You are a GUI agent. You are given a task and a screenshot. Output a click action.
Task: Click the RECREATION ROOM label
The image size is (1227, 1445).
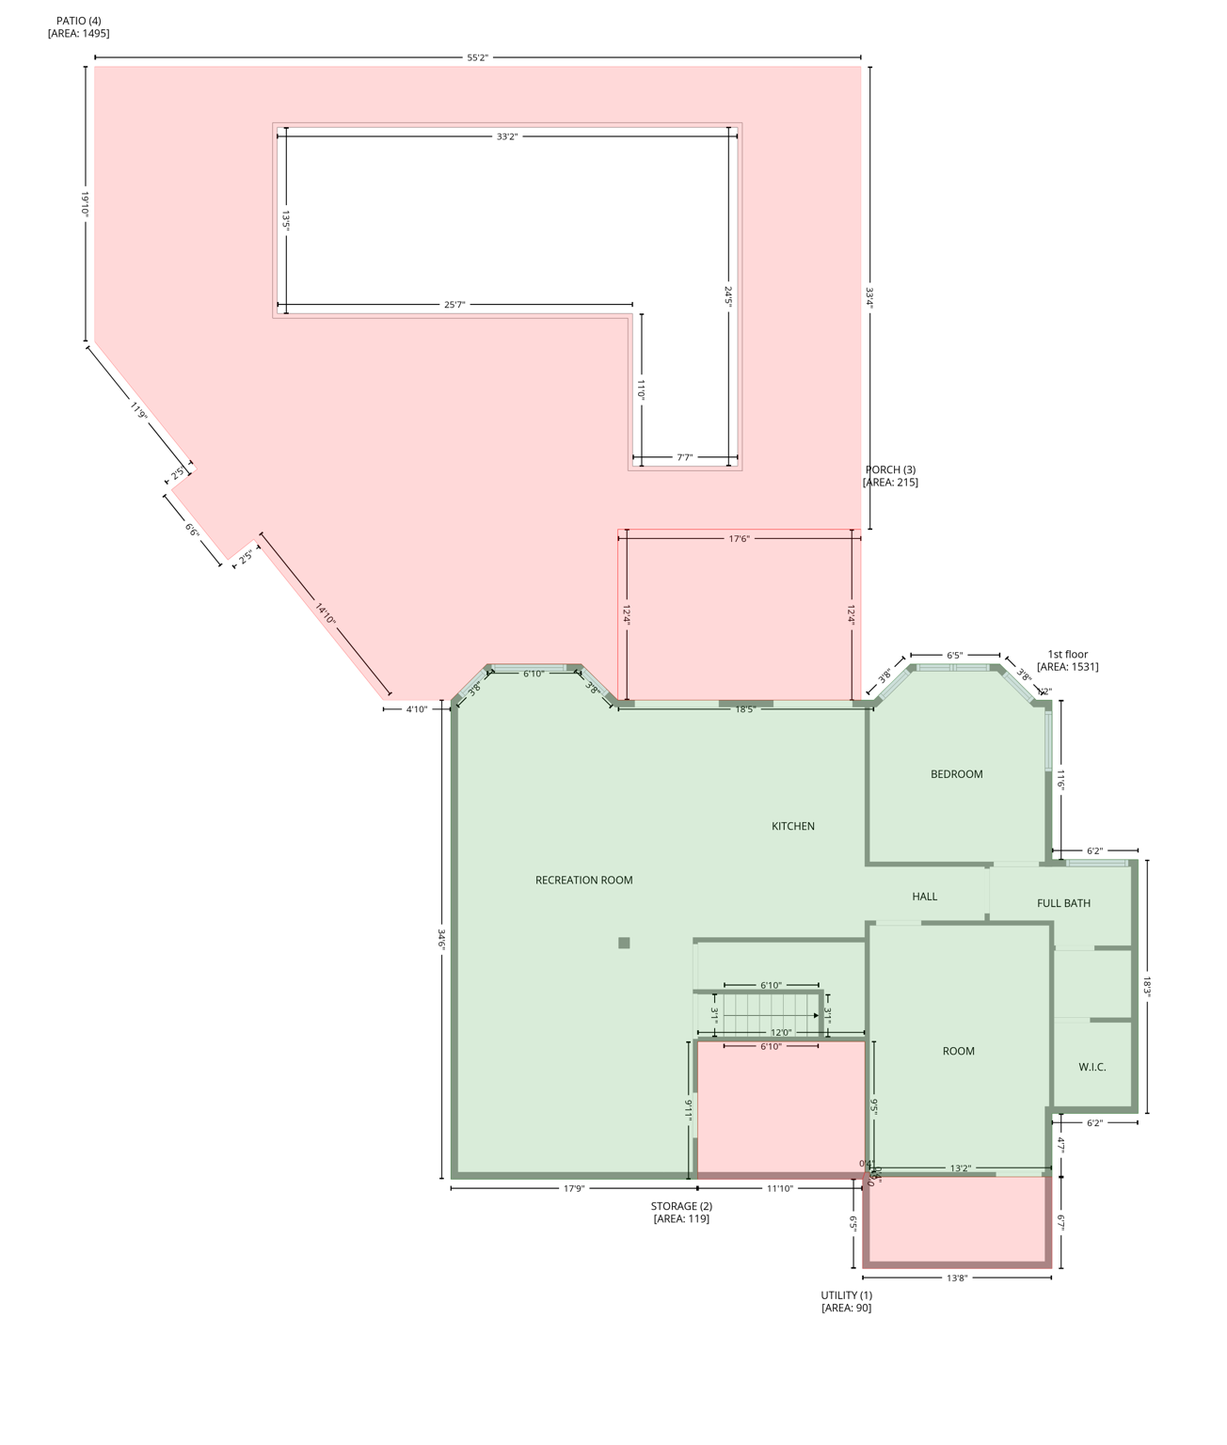pos(583,881)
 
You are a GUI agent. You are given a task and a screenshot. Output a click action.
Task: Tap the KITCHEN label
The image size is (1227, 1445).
pos(793,826)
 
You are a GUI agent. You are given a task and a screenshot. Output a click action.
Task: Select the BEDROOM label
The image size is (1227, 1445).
pos(956,774)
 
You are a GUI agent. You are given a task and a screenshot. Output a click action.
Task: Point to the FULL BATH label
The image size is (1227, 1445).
pos(1063,903)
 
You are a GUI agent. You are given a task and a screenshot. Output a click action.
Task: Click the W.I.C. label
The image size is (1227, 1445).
pos(1092,1067)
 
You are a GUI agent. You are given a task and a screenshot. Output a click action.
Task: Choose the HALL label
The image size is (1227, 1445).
pos(925,897)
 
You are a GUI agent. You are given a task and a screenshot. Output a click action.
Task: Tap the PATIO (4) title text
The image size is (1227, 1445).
pos(78,21)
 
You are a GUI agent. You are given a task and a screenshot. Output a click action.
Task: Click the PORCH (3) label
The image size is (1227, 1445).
pos(890,469)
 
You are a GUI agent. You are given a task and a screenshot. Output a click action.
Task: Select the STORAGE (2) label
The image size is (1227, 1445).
pos(681,1206)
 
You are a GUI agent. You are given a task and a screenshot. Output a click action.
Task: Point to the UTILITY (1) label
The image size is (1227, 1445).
pos(846,1295)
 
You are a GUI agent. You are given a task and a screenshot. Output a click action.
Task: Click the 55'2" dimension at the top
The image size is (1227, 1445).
pos(478,57)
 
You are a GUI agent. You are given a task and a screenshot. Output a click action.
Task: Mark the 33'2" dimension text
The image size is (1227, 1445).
pos(507,136)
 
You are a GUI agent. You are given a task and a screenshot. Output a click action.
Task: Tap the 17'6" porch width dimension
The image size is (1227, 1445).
pos(739,539)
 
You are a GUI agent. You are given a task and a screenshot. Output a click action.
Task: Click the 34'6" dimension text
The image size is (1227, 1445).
pos(441,940)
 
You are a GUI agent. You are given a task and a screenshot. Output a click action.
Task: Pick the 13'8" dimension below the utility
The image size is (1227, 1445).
pos(957,1278)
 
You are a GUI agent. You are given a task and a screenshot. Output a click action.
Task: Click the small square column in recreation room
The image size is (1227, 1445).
pos(624,943)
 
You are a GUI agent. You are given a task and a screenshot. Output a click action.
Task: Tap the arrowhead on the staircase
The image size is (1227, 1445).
pos(816,1016)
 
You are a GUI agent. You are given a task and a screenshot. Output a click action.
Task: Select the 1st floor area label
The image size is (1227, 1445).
pos(1067,660)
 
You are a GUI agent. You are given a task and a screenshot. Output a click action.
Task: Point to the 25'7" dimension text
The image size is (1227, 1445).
pos(454,305)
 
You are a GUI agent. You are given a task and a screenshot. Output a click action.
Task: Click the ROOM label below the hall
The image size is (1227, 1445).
pos(958,1051)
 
